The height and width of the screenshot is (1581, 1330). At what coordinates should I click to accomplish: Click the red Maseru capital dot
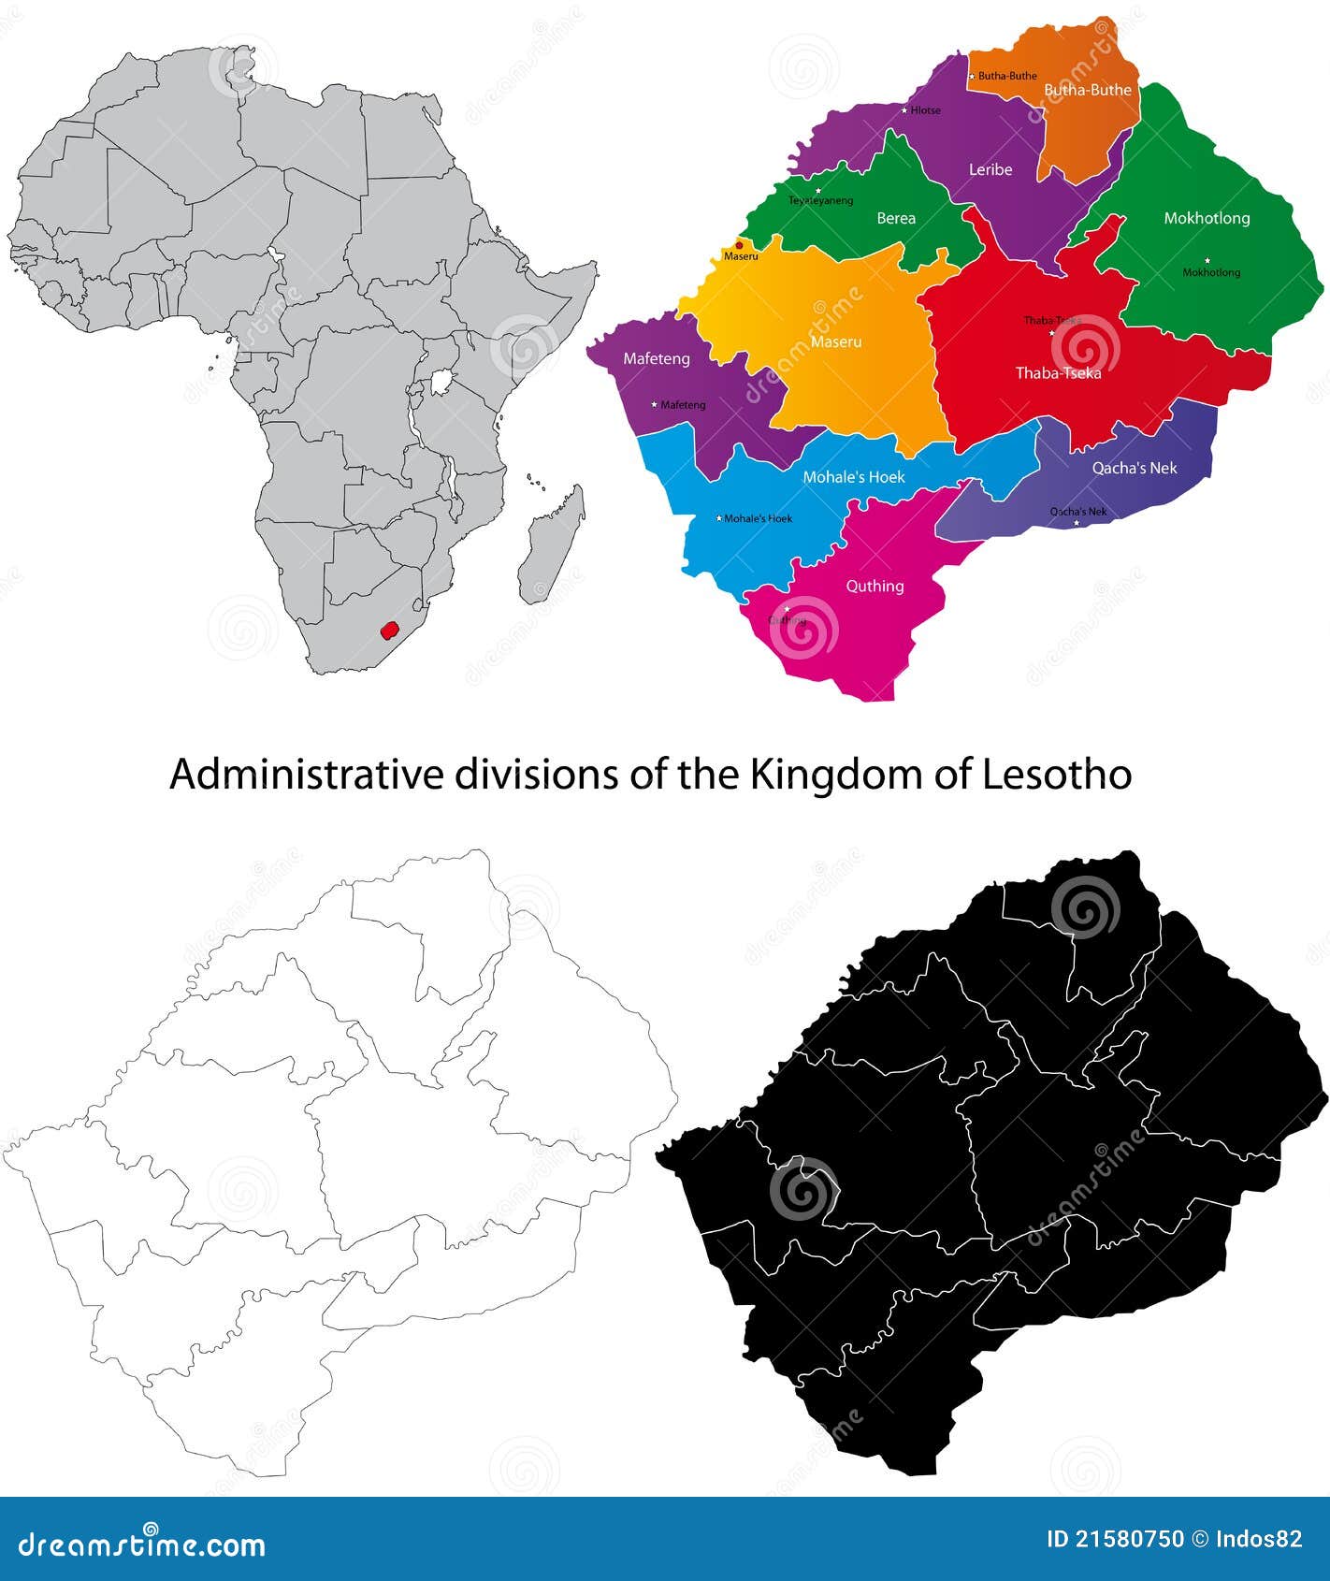[x=739, y=246]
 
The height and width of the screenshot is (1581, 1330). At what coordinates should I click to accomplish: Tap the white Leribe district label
[x=990, y=169]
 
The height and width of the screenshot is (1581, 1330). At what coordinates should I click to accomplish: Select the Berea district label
[x=896, y=218]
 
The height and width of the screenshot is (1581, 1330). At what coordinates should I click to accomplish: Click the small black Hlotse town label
[x=925, y=110]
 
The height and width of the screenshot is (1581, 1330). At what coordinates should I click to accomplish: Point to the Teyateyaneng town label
[x=821, y=200]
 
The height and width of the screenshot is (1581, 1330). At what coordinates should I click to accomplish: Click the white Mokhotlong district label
[x=1207, y=218]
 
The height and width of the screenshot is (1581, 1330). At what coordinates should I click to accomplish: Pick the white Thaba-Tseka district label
[x=1058, y=373]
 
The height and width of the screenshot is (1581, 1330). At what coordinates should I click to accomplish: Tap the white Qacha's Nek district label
[x=1135, y=468]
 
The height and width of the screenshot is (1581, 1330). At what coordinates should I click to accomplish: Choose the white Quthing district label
[x=875, y=586]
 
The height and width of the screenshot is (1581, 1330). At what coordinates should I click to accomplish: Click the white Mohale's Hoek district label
[x=854, y=477]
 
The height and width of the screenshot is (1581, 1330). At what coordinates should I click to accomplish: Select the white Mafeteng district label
[x=657, y=358]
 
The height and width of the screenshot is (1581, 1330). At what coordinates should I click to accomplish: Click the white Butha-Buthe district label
[x=1087, y=90]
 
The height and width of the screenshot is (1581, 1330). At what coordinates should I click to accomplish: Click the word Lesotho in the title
[x=1056, y=775]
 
